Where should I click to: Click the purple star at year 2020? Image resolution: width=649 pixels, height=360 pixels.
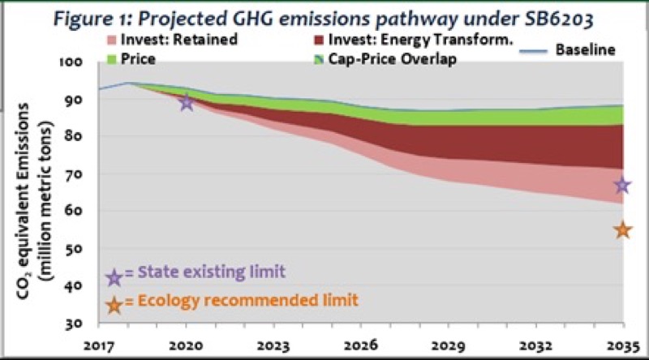coord(187,102)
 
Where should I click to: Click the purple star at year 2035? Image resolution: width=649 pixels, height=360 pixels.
coord(622,186)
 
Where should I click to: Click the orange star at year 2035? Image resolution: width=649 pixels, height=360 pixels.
coord(622,230)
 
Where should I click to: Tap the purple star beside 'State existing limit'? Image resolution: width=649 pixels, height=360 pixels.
coord(114,277)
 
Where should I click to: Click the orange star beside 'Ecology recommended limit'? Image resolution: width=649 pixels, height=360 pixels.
coord(114,304)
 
